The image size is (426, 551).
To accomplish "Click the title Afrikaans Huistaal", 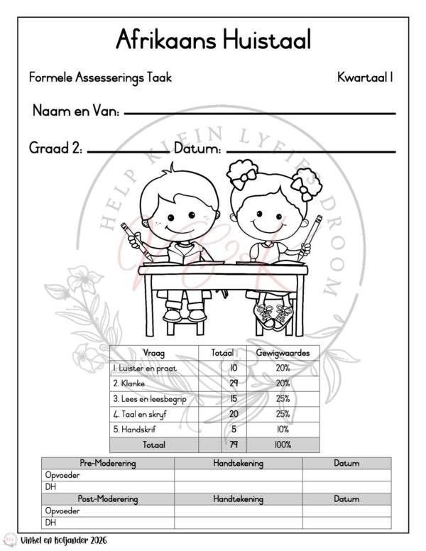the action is coord(213,39).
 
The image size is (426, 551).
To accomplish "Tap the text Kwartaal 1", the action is coord(365,77).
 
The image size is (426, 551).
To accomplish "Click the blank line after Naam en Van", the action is coord(259,113).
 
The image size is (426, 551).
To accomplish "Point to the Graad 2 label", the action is coord(55,149).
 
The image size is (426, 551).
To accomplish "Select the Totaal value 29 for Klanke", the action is coord(233,383).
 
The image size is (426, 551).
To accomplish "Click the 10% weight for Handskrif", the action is coord(283,430).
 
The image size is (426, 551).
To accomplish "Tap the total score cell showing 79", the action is coord(233,445).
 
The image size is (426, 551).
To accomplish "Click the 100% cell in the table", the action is coord(283,445).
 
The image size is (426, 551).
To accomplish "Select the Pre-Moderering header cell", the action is coord(108,464).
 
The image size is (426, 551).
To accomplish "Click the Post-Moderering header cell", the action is coord(108,498).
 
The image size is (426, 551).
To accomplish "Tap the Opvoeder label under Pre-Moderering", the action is coord(60,475).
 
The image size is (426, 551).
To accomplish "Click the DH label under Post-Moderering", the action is coord(50,522).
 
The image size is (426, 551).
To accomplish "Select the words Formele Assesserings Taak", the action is coord(100,77).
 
